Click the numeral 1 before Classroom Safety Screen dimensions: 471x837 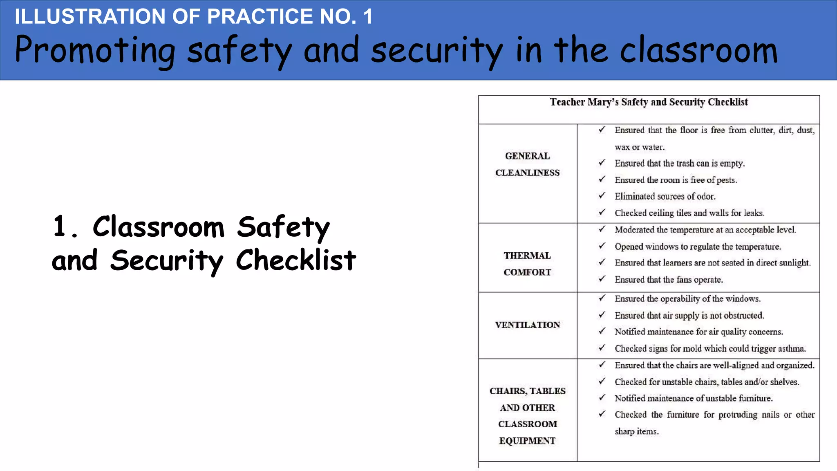(x=60, y=227)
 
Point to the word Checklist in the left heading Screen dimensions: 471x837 (x=296, y=260)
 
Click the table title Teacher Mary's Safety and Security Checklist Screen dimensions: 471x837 (x=649, y=102)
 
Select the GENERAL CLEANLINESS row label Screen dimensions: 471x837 (x=527, y=164)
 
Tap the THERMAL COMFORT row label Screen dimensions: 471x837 (x=527, y=264)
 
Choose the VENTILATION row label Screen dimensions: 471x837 (x=527, y=325)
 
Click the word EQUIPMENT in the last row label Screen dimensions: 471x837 (x=527, y=441)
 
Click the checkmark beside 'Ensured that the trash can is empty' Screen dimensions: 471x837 (x=602, y=163)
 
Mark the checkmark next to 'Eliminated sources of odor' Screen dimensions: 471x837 (x=602, y=196)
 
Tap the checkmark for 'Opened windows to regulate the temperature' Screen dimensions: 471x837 (x=602, y=246)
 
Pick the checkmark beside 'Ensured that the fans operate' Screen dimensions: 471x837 (x=602, y=279)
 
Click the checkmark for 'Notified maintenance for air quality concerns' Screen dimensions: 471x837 (x=602, y=331)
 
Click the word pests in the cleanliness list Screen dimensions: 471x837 (x=727, y=180)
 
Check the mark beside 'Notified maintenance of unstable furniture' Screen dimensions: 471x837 (x=602, y=397)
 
